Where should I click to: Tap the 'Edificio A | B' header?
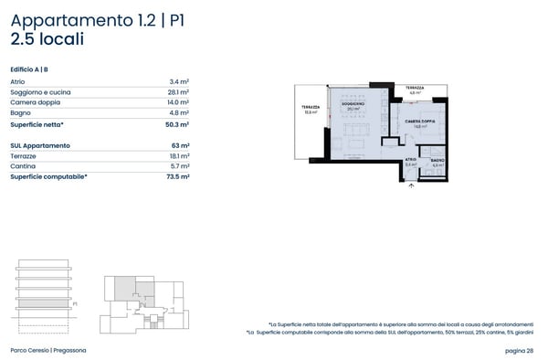click(x=30, y=69)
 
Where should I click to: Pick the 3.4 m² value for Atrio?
click(x=180, y=81)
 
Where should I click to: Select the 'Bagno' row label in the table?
click(x=20, y=113)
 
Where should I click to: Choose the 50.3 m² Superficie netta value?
click(x=178, y=124)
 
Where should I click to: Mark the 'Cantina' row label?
click(x=23, y=166)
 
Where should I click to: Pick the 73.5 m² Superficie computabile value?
click(x=178, y=177)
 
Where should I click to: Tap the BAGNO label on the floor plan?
click(x=437, y=160)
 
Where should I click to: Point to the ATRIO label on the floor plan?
click(x=411, y=160)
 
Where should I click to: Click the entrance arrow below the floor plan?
click(x=411, y=185)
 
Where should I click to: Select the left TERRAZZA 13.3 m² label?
click(x=310, y=111)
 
